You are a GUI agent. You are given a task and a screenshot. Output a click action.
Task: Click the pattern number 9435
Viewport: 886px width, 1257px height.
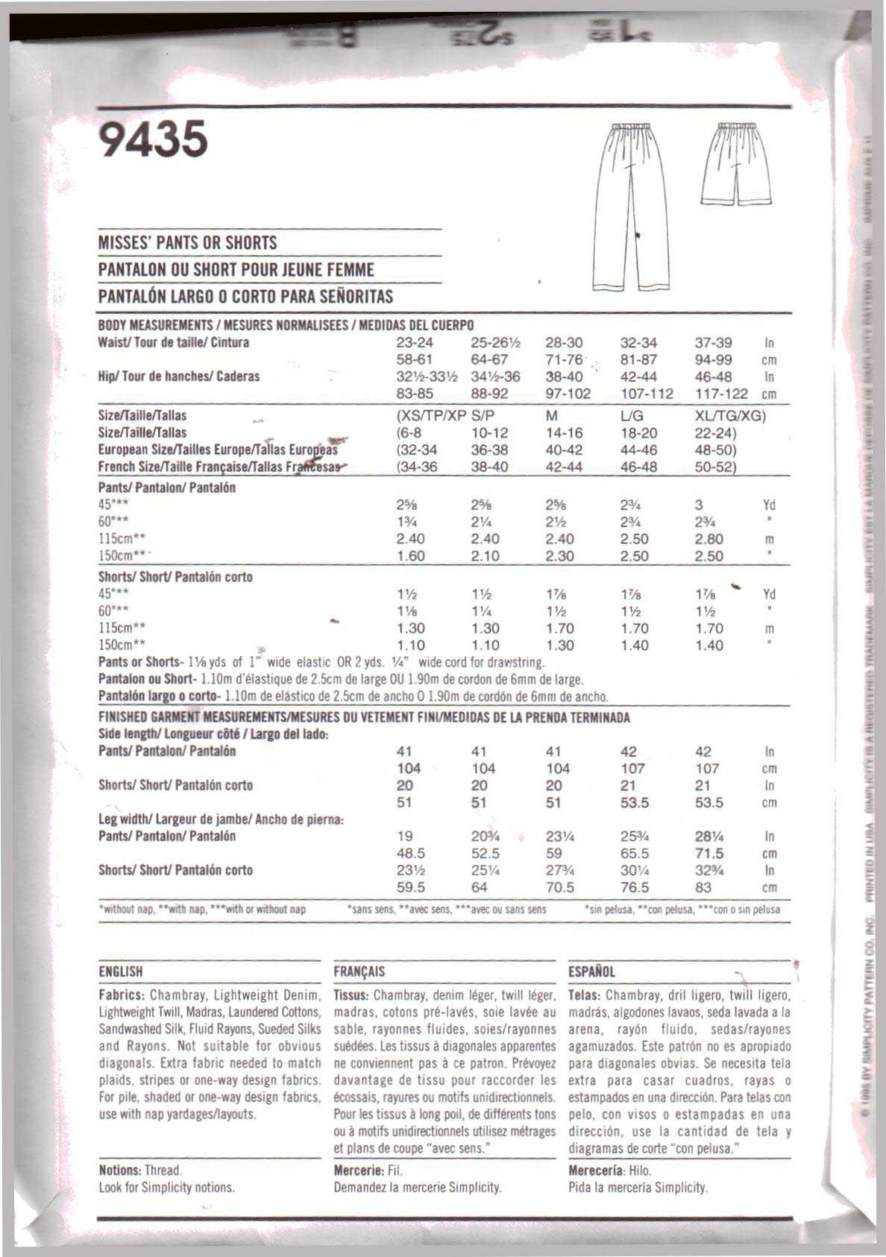pos(153,139)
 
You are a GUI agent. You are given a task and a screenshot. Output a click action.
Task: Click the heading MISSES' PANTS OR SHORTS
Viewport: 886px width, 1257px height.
pos(187,243)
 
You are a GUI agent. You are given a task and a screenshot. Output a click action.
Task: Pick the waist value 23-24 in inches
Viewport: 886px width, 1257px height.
pos(414,343)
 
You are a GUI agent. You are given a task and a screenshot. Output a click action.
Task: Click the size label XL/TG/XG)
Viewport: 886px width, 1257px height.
pos(730,416)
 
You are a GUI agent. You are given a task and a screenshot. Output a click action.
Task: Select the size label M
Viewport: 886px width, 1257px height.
pos(552,416)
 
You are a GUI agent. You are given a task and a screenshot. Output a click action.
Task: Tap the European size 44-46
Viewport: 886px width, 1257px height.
pos(638,450)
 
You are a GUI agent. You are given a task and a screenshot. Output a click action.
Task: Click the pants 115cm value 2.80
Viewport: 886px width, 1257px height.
pos(709,539)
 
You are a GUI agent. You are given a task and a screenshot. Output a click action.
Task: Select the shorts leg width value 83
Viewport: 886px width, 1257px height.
pos(703,888)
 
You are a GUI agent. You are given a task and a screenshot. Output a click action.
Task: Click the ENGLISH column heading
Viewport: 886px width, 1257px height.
pos(120,971)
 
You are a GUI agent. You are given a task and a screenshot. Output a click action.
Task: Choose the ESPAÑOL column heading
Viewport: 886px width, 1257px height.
pos(591,971)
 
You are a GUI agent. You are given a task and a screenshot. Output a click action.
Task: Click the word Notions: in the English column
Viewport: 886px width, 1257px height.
pos(119,1171)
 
